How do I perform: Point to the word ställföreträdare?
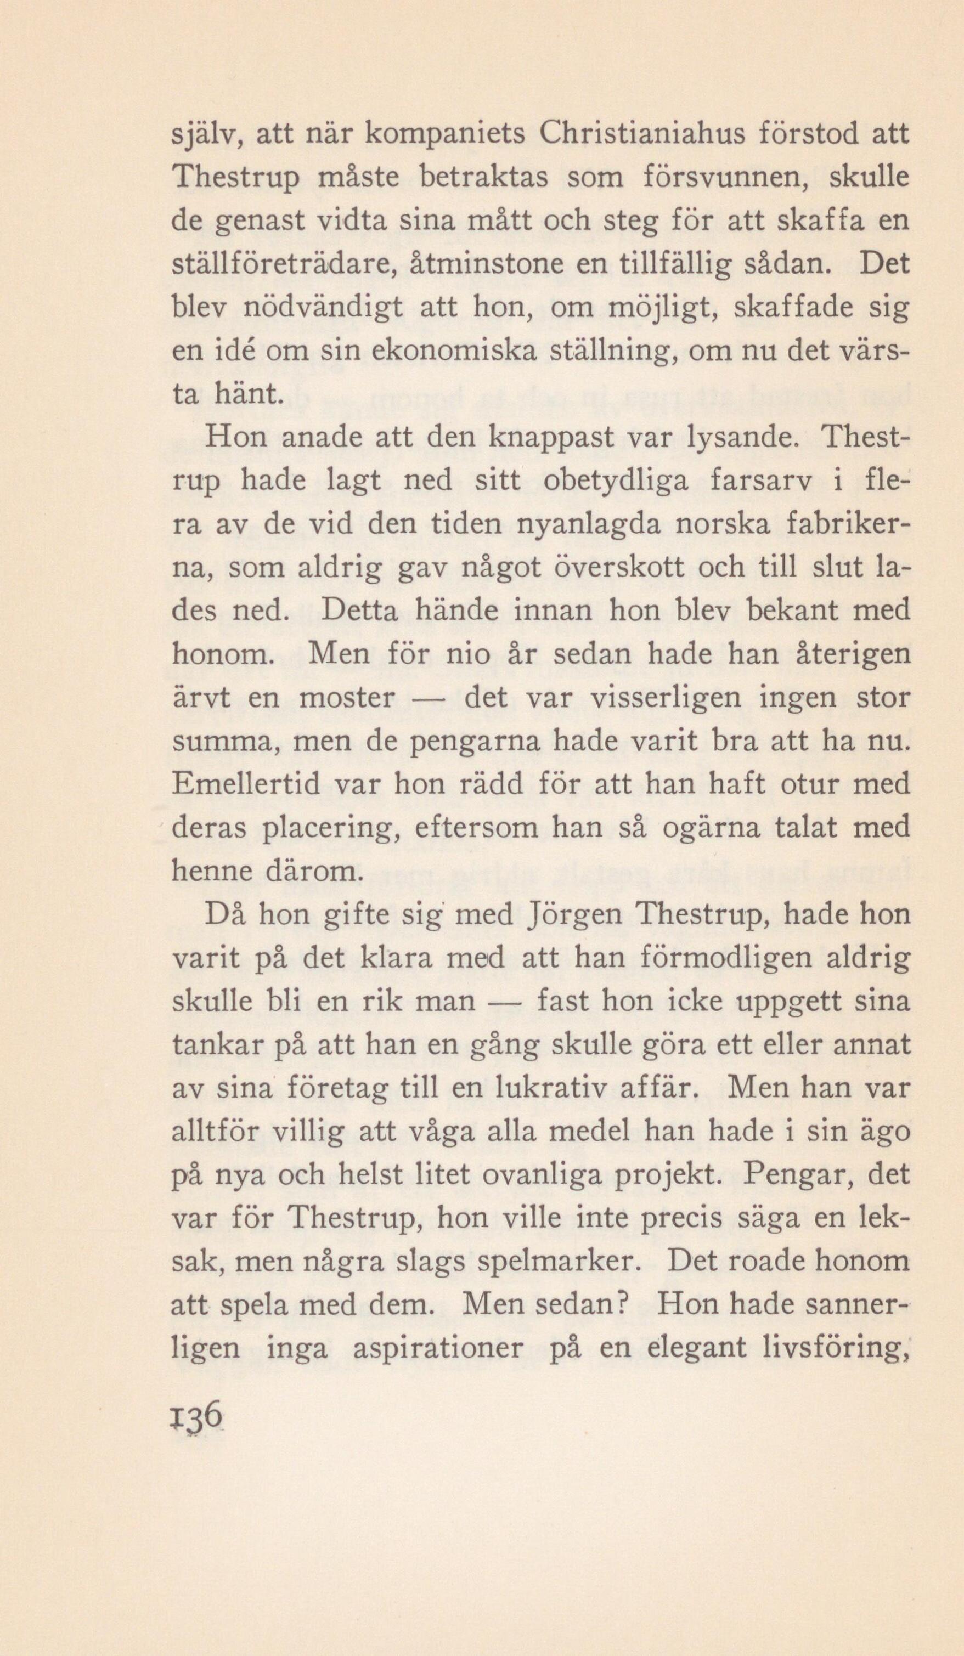[283, 265]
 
